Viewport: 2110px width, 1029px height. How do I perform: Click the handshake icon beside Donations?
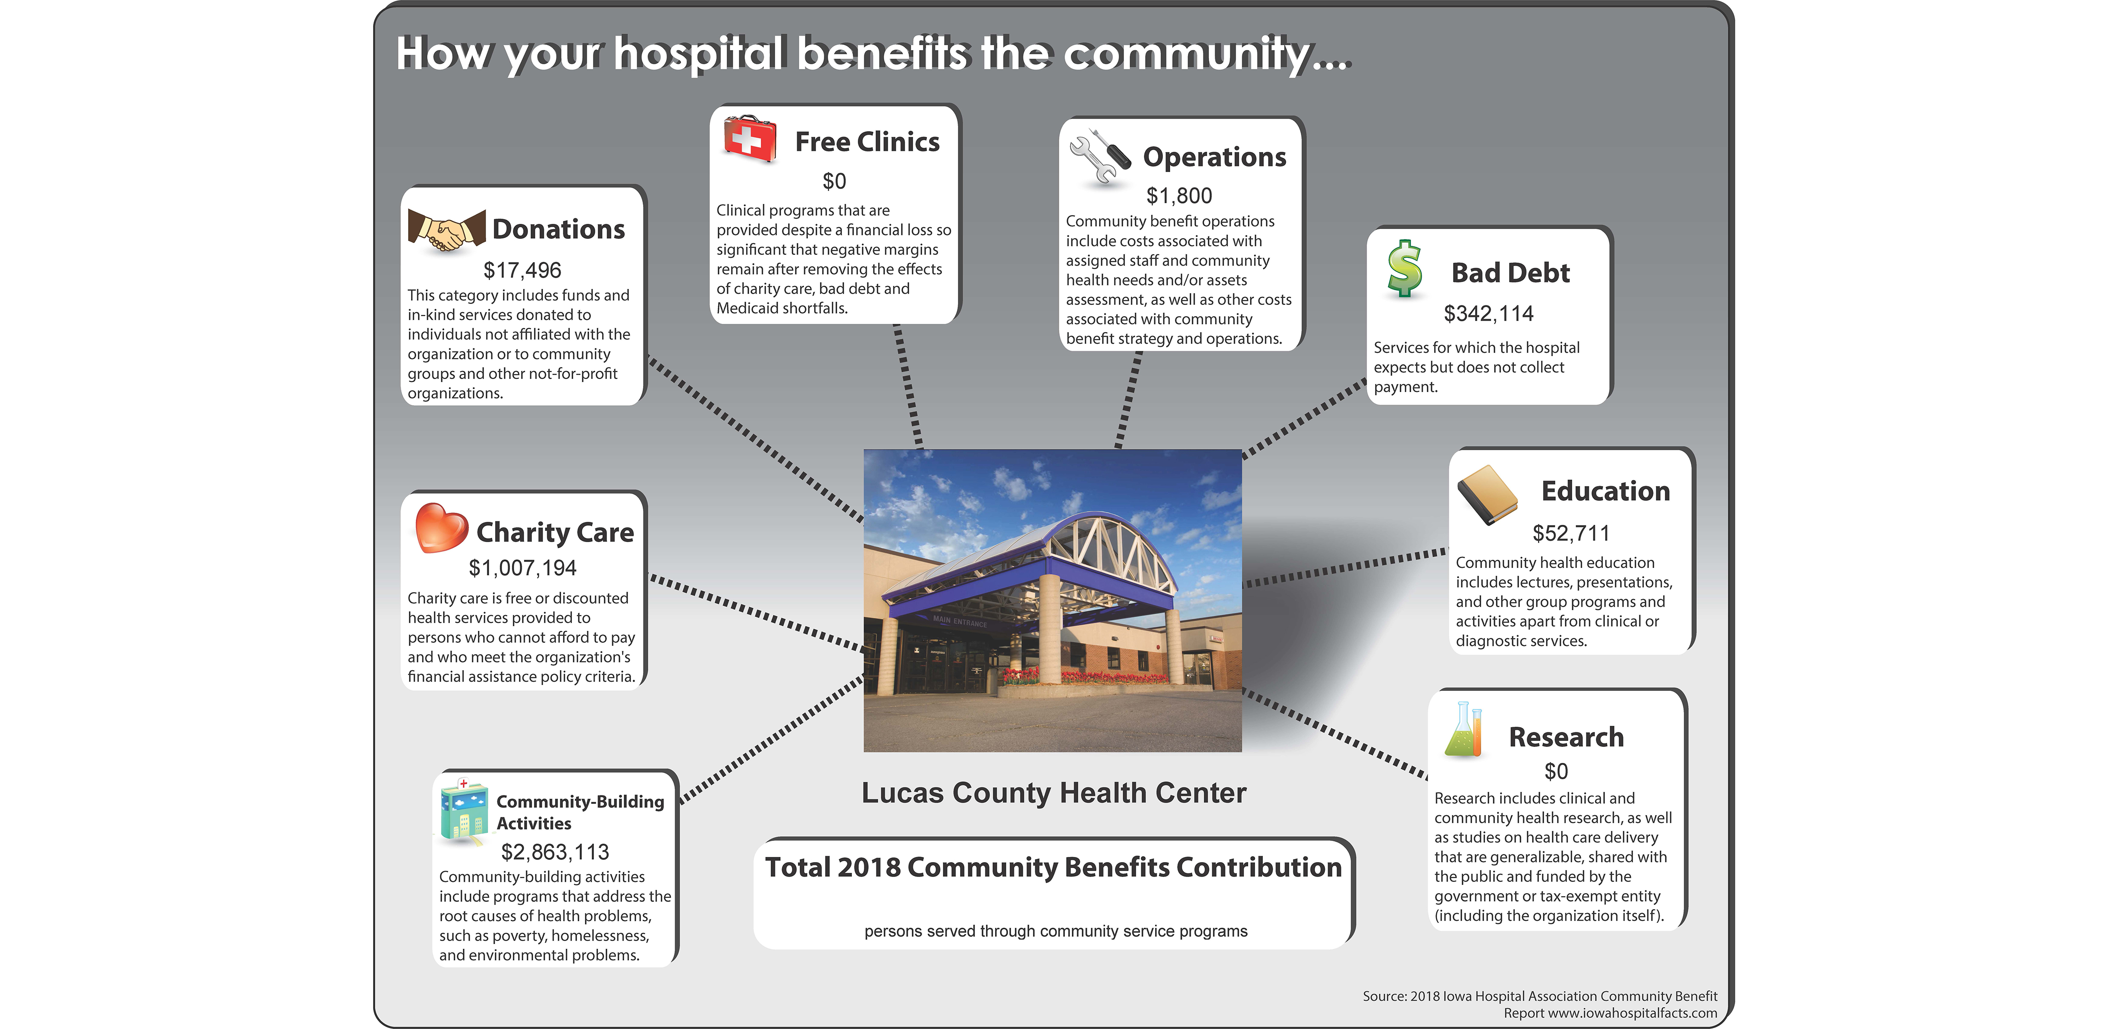point(446,231)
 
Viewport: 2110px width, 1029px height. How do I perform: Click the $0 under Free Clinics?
point(834,181)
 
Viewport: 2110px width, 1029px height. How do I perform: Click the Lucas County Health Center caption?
point(1053,793)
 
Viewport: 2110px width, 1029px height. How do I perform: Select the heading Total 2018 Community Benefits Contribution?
point(1053,867)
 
